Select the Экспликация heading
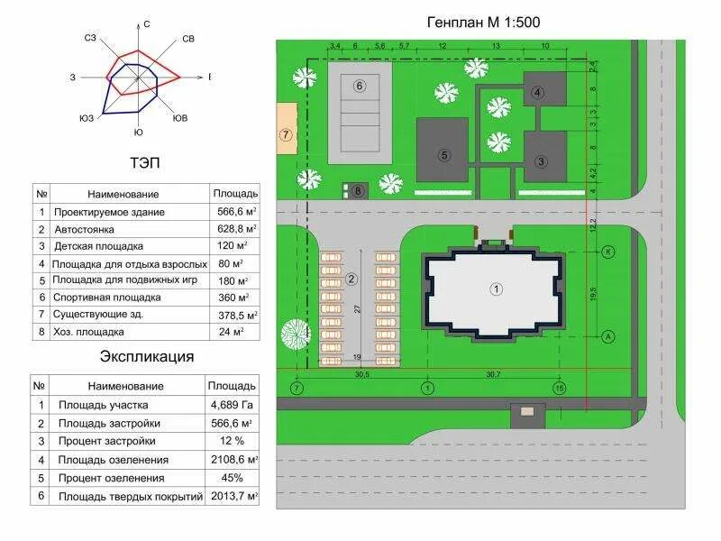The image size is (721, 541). point(147,355)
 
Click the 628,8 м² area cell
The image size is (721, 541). point(235,229)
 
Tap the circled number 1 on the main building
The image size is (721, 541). point(496,289)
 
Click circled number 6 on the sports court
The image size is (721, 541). point(359,86)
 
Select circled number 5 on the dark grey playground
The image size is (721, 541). point(444,154)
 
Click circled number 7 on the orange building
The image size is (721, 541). point(286,135)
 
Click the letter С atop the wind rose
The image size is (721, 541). point(146,23)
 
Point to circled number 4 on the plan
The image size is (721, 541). point(537,92)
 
